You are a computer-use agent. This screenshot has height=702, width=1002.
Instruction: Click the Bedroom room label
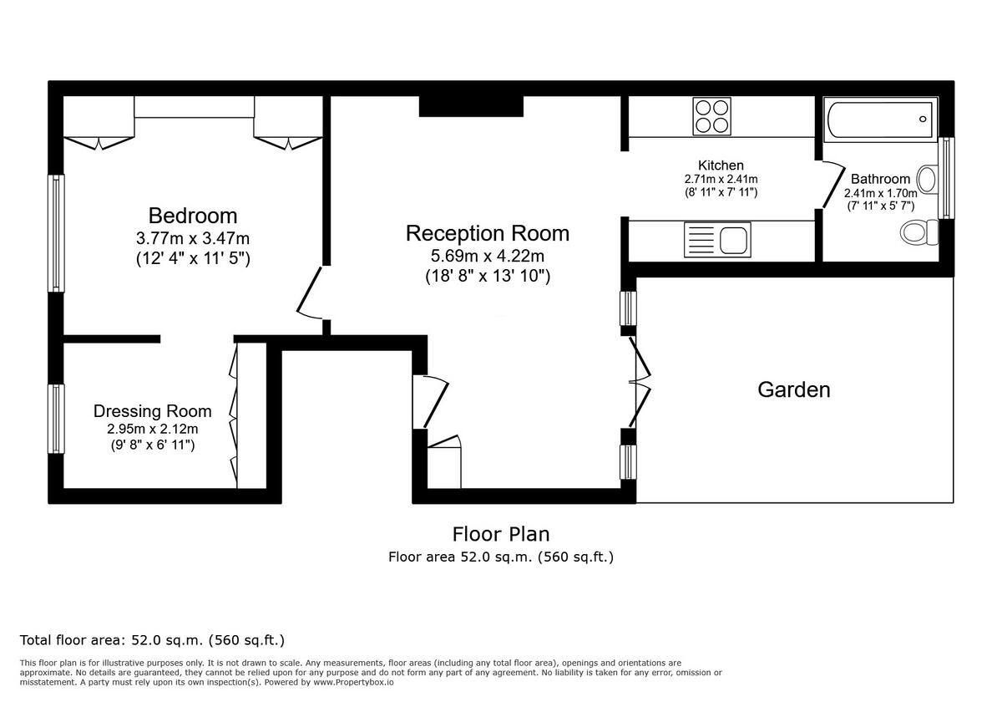click(192, 216)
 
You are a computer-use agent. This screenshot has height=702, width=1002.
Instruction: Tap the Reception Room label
click(488, 233)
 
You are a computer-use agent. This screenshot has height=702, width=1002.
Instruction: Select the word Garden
click(793, 389)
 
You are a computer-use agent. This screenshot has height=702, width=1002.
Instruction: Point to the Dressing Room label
click(152, 411)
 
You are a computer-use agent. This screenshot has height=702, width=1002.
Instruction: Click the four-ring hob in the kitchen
click(711, 116)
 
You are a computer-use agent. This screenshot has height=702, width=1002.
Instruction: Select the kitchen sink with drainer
click(716, 240)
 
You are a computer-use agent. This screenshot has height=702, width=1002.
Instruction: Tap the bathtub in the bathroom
click(880, 119)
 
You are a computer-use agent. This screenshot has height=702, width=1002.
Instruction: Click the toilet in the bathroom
click(918, 231)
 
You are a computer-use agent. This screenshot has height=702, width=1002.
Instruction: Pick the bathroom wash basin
click(926, 179)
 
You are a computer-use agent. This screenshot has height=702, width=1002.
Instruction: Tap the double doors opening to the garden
click(640, 383)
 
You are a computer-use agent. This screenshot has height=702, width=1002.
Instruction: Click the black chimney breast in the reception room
click(470, 105)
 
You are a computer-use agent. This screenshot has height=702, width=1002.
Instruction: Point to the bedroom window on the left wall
click(56, 233)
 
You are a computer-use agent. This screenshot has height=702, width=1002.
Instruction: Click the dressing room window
click(56, 418)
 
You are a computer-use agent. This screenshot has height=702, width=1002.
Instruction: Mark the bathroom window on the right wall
click(946, 177)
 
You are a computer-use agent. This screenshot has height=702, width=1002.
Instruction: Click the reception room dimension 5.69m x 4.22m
click(488, 256)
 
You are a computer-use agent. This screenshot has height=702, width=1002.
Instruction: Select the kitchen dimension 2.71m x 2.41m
click(721, 179)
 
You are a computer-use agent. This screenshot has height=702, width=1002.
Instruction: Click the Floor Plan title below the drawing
click(501, 533)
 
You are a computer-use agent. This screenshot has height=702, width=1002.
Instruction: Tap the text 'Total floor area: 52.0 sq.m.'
click(152, 640)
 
